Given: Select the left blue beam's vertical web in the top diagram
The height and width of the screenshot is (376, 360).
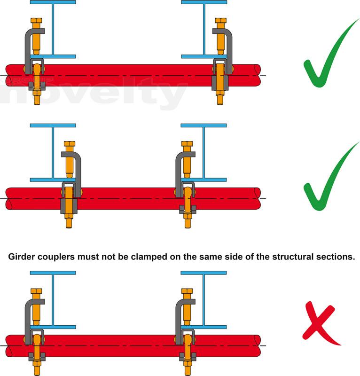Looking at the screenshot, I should (53, 28).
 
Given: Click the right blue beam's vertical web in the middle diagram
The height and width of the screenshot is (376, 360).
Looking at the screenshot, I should (203, 153).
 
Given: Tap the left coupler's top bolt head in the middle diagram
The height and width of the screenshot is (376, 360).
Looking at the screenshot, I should (70, 144).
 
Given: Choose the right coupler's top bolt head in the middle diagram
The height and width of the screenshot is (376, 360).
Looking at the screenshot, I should (188, 144).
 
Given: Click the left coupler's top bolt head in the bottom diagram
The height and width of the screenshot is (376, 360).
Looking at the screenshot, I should (36, 292).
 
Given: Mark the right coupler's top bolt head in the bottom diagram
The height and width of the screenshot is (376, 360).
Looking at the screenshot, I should (188, 292).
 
